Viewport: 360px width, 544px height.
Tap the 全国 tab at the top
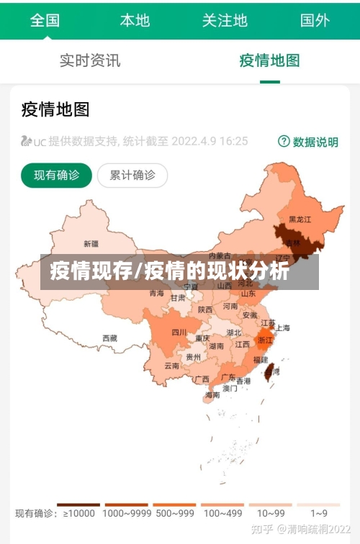pos(45,19)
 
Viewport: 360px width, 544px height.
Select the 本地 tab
pos(135,19)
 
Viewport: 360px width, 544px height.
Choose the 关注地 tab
pos(225,19)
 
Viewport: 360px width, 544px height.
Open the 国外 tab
pos(315,19)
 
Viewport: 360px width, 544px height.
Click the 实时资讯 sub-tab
pos(90,60)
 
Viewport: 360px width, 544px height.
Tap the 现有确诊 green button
pos(56,175)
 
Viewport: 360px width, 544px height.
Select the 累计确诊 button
pos(132,175)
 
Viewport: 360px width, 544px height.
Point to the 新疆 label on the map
pos(91,243)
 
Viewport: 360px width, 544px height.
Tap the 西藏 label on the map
pos(109,337)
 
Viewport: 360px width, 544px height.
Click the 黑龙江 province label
pos(300,219)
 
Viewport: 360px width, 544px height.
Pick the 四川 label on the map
pos(179,332)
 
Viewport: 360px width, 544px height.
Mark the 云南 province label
pos(171,366)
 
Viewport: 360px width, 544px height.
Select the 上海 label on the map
pos(283,328)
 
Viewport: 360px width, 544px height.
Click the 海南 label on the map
pos(212,395)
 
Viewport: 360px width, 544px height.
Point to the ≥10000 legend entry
pos(78,513)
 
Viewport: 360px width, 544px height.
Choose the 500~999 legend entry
pos(174,513)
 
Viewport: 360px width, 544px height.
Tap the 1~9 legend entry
pos(319,513)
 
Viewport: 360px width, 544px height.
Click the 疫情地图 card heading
pos(55,109)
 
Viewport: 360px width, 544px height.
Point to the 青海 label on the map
pos(157,294)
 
